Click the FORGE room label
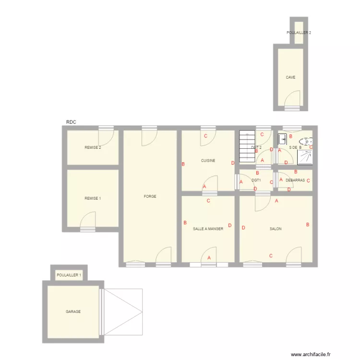(150, 196)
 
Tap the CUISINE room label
(208, 161)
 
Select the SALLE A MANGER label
(208, 229)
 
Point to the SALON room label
(276, 229)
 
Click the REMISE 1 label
(93, 198)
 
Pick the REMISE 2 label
(93, 147)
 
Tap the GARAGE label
(73, 312)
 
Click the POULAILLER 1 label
(69, 275)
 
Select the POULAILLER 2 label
(299, 33)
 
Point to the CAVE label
(290, 77)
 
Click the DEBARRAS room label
(295, 180)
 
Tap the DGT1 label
(256, 180)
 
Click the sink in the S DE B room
(282, 140)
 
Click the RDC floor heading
(71, 123)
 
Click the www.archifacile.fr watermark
(311, 354)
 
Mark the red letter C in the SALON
(271, 256)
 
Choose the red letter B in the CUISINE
(183, 165)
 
